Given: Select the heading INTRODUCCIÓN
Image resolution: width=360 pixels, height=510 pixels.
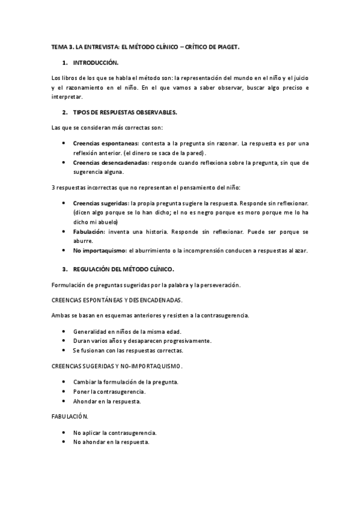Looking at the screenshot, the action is coord(96,63).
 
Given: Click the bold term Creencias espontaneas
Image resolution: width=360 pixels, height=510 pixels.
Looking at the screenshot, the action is coord(105,143).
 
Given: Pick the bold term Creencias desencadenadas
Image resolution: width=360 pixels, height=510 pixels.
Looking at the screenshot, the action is coord(111,162).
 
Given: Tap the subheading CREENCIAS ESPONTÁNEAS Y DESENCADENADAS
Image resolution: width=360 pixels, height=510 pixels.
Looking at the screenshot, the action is coord(117,300).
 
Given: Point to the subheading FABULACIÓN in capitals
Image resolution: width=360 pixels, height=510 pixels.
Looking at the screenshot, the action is coord(69,416).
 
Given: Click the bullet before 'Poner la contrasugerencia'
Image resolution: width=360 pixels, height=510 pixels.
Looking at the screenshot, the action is coord(64,392).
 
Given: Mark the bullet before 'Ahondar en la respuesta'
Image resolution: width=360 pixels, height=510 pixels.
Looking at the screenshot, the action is coord(64,401).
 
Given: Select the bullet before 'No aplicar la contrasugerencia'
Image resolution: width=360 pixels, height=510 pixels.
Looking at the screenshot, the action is coord(64,432).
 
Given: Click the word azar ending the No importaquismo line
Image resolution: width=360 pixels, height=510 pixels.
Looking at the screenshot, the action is coord(300,251).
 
